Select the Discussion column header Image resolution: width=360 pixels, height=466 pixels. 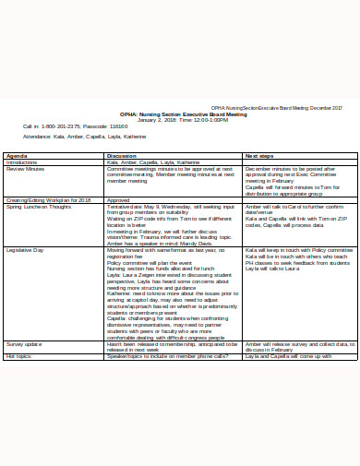pyautogui.click(x=123, y=156)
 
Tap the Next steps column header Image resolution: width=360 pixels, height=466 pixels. pyautogui.click(x=259, y=156)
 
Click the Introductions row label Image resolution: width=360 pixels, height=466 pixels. pyautogui.click(x=23, y=162)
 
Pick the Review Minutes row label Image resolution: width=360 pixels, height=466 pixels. pyautogui.click(x=26, y=169)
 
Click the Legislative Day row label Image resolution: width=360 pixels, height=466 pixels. pyautogui.click(x=26, y=249)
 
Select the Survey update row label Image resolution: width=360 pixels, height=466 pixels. pyautogui.click(x=24, y=343)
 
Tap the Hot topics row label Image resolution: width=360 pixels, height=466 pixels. pyautogui.click(x=18, y=355)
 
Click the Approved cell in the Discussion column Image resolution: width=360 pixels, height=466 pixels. pyautogui.click(x=118, y=199)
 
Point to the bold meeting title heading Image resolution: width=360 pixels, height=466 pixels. pyautogui.click(x=175, y=114)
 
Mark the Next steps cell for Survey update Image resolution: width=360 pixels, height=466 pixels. pyautogui.click(x=294, y=346)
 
